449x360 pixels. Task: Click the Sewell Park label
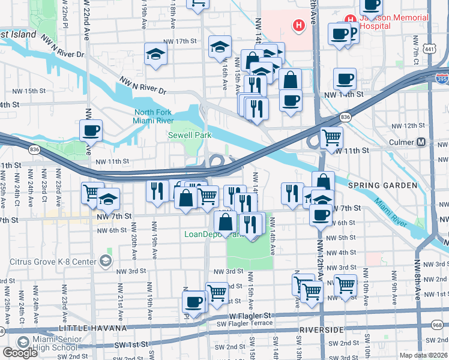pos(189,136)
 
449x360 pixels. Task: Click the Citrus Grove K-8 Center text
pos(53,262)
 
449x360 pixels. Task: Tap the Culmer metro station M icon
pos(421,142)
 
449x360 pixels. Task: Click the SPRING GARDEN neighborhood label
pos(387,185)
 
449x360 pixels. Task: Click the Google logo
pos(20,353)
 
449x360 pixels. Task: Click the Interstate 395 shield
pos(441,77)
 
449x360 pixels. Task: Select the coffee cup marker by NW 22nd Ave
pos(91,130)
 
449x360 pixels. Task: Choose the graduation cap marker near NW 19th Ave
pos(155,54)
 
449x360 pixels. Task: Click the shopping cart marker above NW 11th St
pos(331,137)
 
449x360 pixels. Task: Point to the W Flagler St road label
pos(250,316)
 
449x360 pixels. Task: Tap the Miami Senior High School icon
pos(23,342)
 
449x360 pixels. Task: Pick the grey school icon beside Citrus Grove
pos(106,260)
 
